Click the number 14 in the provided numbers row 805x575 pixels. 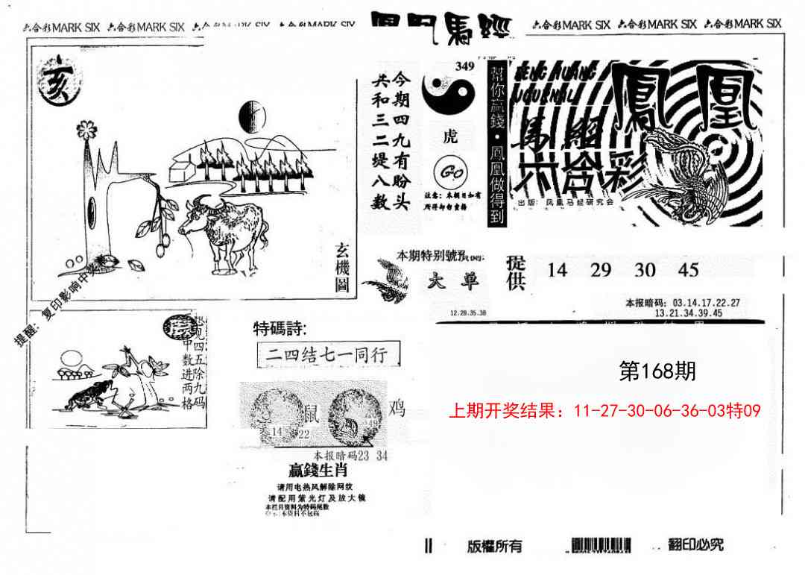point(557,270)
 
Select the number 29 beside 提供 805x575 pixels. point(601,270)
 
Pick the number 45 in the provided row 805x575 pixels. point(689,270)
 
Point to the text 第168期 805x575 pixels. point(657,371)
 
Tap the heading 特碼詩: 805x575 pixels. point(280,328)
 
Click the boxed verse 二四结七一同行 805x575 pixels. point(326,355)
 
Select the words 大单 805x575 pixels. point(455,280)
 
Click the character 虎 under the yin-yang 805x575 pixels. point(452,136)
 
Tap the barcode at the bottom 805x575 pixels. point(602,545)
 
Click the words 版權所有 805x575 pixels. point(495,546)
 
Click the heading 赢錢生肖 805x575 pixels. point(318,471)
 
